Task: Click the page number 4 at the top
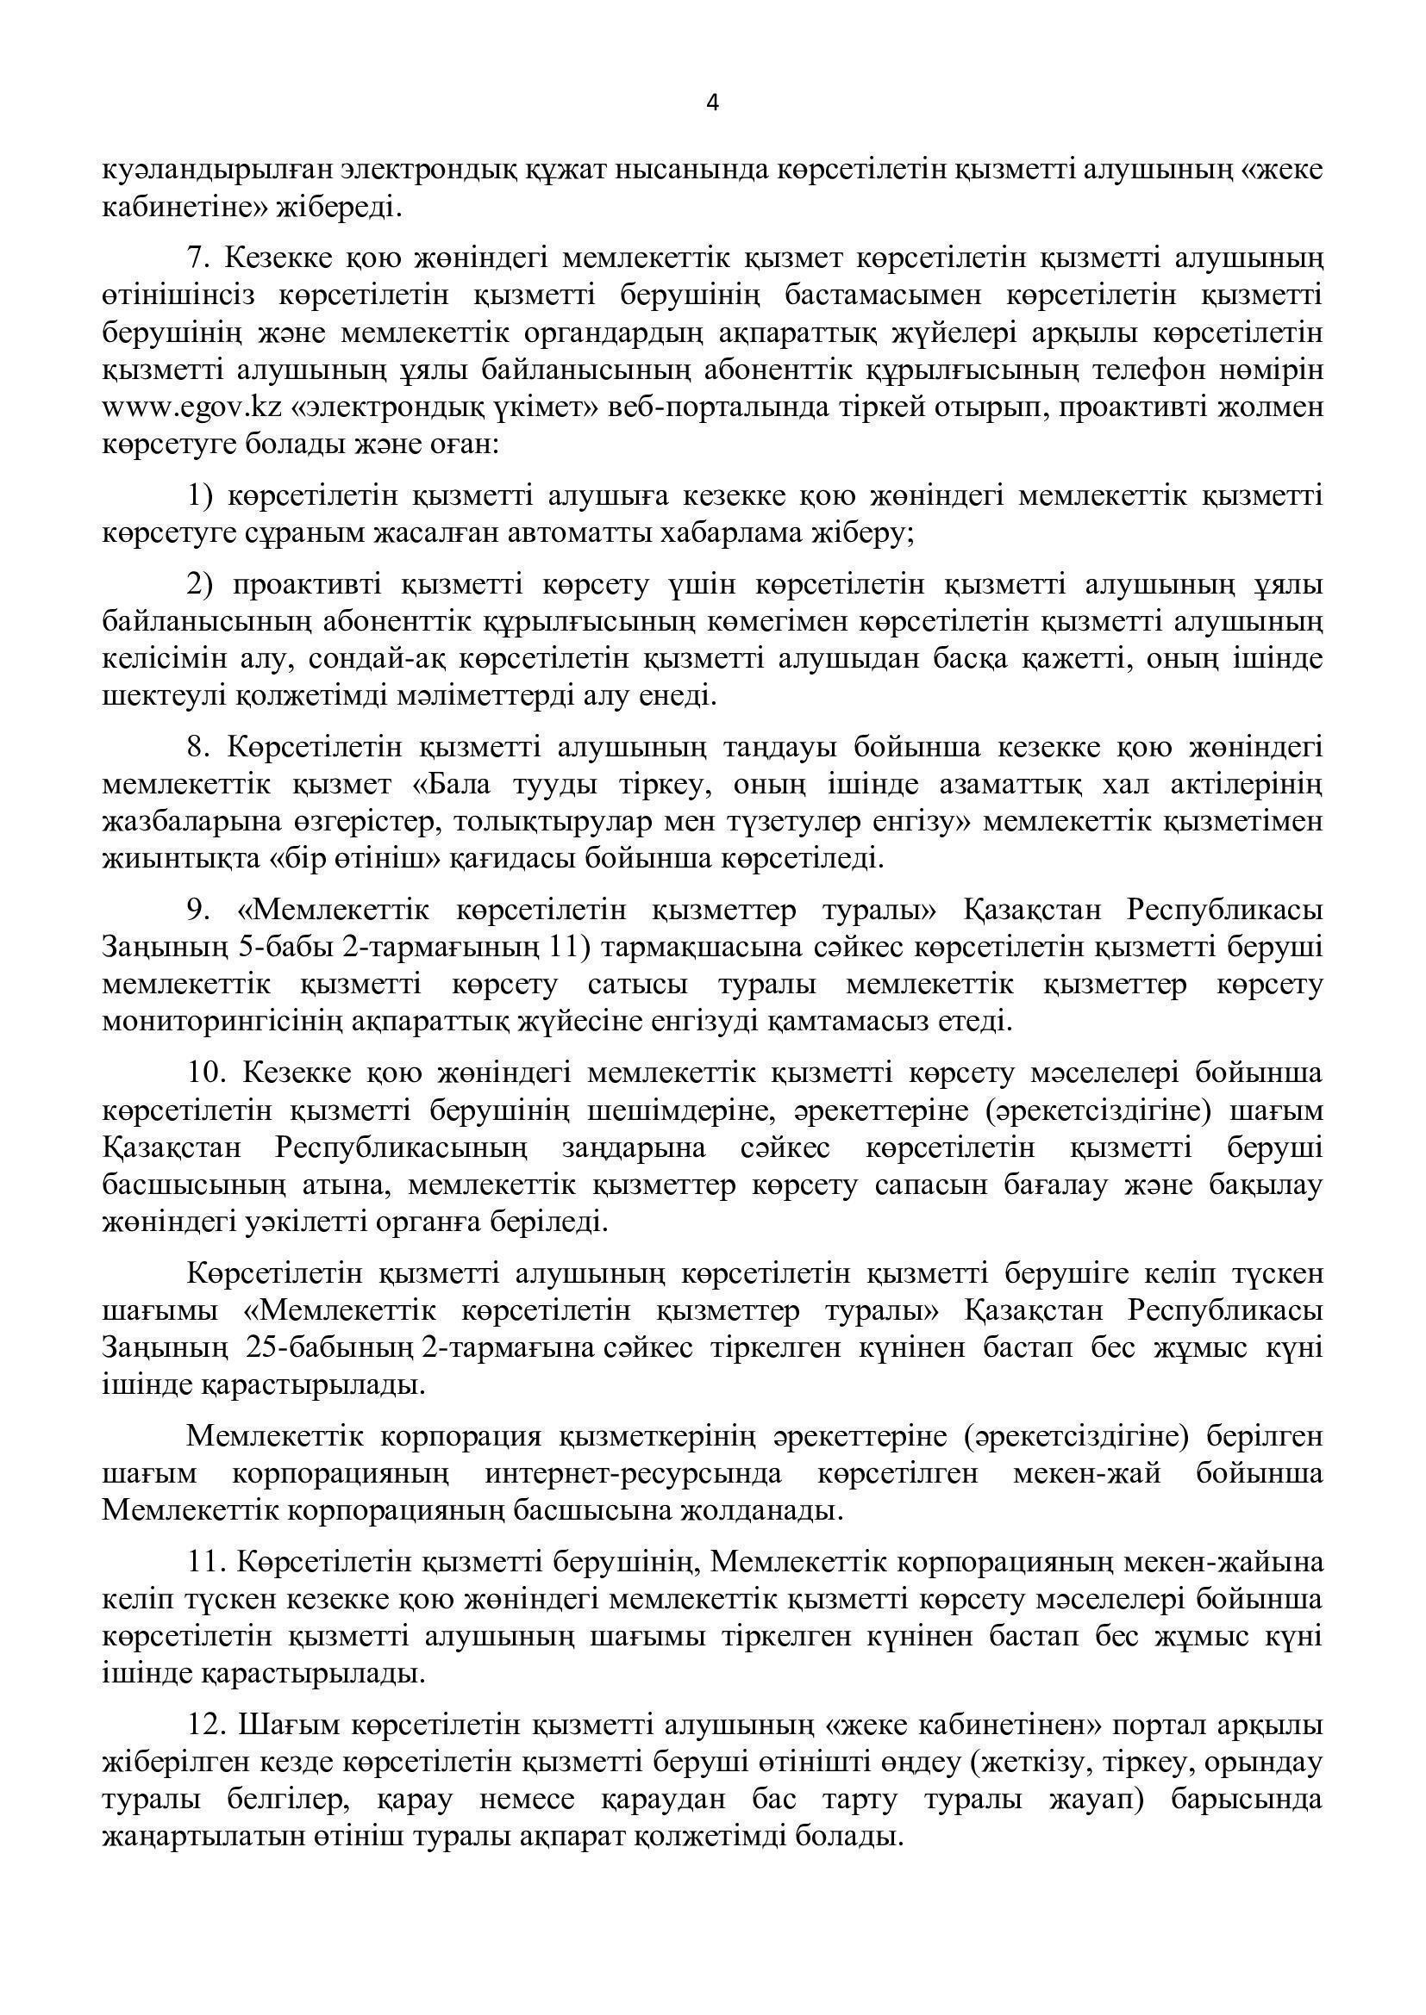pyautogui.click(x=712, y=103)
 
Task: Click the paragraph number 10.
pyautogui.click(x=207, y=1073)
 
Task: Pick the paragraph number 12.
pyautogui.click(x=207, y=1724)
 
